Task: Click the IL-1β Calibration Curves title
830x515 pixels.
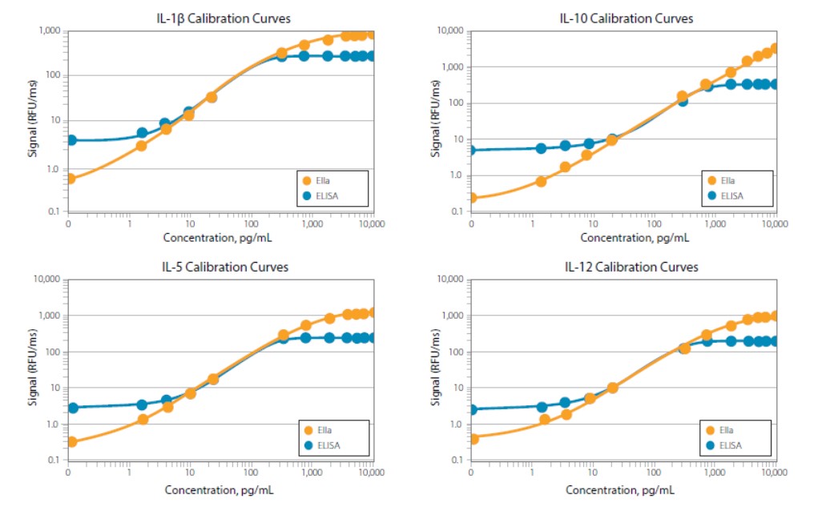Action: click(224, 18)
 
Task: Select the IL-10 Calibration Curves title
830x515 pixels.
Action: click(626, 18)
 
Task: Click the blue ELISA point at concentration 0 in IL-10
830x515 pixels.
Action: click(471, 150)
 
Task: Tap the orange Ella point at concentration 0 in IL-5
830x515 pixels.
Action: click(71, 442)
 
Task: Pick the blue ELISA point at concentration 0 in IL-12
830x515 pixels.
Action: click(472, 409)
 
